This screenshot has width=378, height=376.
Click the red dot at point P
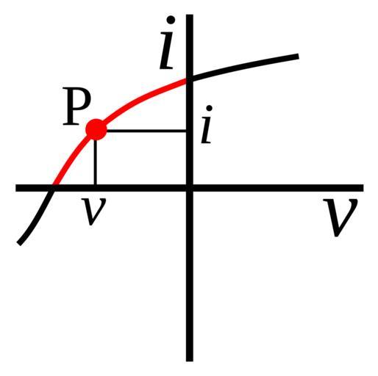(x=96, y=129)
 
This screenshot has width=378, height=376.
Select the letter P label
(x=76, y=106)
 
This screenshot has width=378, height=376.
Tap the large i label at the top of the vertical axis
(x=168, y=43)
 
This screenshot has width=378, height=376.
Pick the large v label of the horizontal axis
(x=340, y=217)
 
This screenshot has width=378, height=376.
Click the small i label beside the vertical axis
(x=207, y=124)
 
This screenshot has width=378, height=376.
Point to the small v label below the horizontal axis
(x=94, y=211)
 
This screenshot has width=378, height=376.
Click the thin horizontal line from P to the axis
(x=146, y=131)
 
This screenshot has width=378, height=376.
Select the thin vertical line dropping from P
(x=95, y=162)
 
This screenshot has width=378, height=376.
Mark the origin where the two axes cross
(x=190, y=188)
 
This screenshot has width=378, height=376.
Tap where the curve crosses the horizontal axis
(x=52, y=188)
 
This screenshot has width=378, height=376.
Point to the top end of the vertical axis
(x=190, y=15)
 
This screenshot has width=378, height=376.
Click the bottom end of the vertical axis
(x=190, y=361)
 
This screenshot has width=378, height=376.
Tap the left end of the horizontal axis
(x=17, y=188)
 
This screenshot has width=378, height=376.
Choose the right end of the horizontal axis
(x=363, y=188)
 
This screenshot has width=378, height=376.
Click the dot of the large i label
(x=171, y=20)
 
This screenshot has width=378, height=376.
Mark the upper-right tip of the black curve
(x=298, y=57)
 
